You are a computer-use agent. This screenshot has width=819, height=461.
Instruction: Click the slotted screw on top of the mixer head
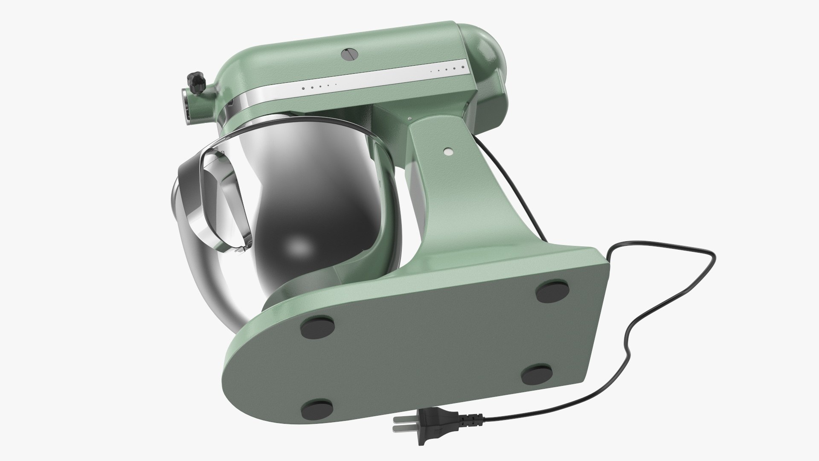[349, 54]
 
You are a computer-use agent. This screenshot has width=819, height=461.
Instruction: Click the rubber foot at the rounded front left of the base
[317, 411]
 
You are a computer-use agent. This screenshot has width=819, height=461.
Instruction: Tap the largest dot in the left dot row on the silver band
[303, 88]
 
